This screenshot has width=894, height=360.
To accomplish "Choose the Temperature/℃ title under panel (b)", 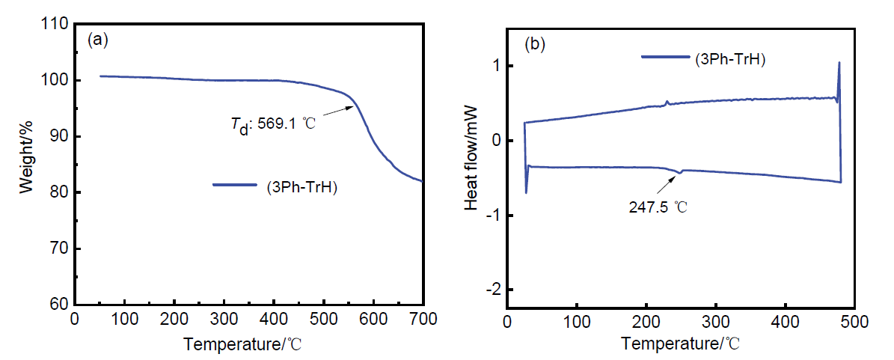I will (x=682, y=344).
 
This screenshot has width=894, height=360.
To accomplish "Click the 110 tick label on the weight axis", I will (x=55, y=25).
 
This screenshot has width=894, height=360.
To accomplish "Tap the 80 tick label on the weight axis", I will (x=58, y=193).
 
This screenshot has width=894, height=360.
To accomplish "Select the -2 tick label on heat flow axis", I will (x=492, y=290).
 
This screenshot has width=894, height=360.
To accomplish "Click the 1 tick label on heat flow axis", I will (x=495, y=67).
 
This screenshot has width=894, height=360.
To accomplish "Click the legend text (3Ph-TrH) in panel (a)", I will (x=301, y=188).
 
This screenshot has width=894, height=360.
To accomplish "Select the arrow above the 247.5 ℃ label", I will (x=669, y=180).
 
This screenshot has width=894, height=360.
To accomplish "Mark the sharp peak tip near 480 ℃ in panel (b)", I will (x=839, y=63).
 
